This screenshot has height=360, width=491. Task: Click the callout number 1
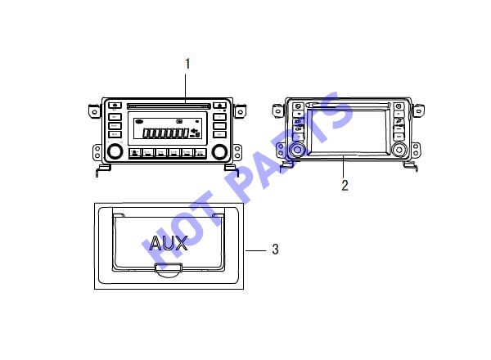(187, 64)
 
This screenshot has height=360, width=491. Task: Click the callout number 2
(345, 186)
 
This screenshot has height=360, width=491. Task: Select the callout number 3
(275, 250)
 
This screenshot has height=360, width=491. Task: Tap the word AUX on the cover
(169, 243)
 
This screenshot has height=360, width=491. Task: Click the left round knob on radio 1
(115, 151)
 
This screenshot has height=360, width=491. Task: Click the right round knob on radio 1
(219, 151)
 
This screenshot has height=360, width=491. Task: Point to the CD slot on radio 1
(169, 106)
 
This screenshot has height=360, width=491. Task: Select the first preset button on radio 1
(135, 153)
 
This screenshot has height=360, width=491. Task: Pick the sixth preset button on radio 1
(200, 153)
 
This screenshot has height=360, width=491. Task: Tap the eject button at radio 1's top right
(219, 106)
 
